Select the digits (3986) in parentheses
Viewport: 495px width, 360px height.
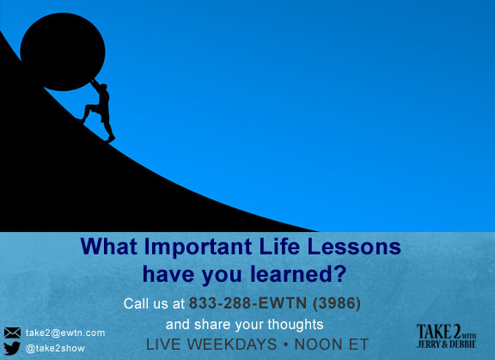pos(336,303)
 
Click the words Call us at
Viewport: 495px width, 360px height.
pos(156,303)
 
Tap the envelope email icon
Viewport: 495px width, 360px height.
pos(12,333)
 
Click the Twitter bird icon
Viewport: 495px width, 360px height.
pos(12,349)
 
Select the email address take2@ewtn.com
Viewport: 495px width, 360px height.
pos(65,333)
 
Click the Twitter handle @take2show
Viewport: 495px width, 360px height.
pos(56,349)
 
